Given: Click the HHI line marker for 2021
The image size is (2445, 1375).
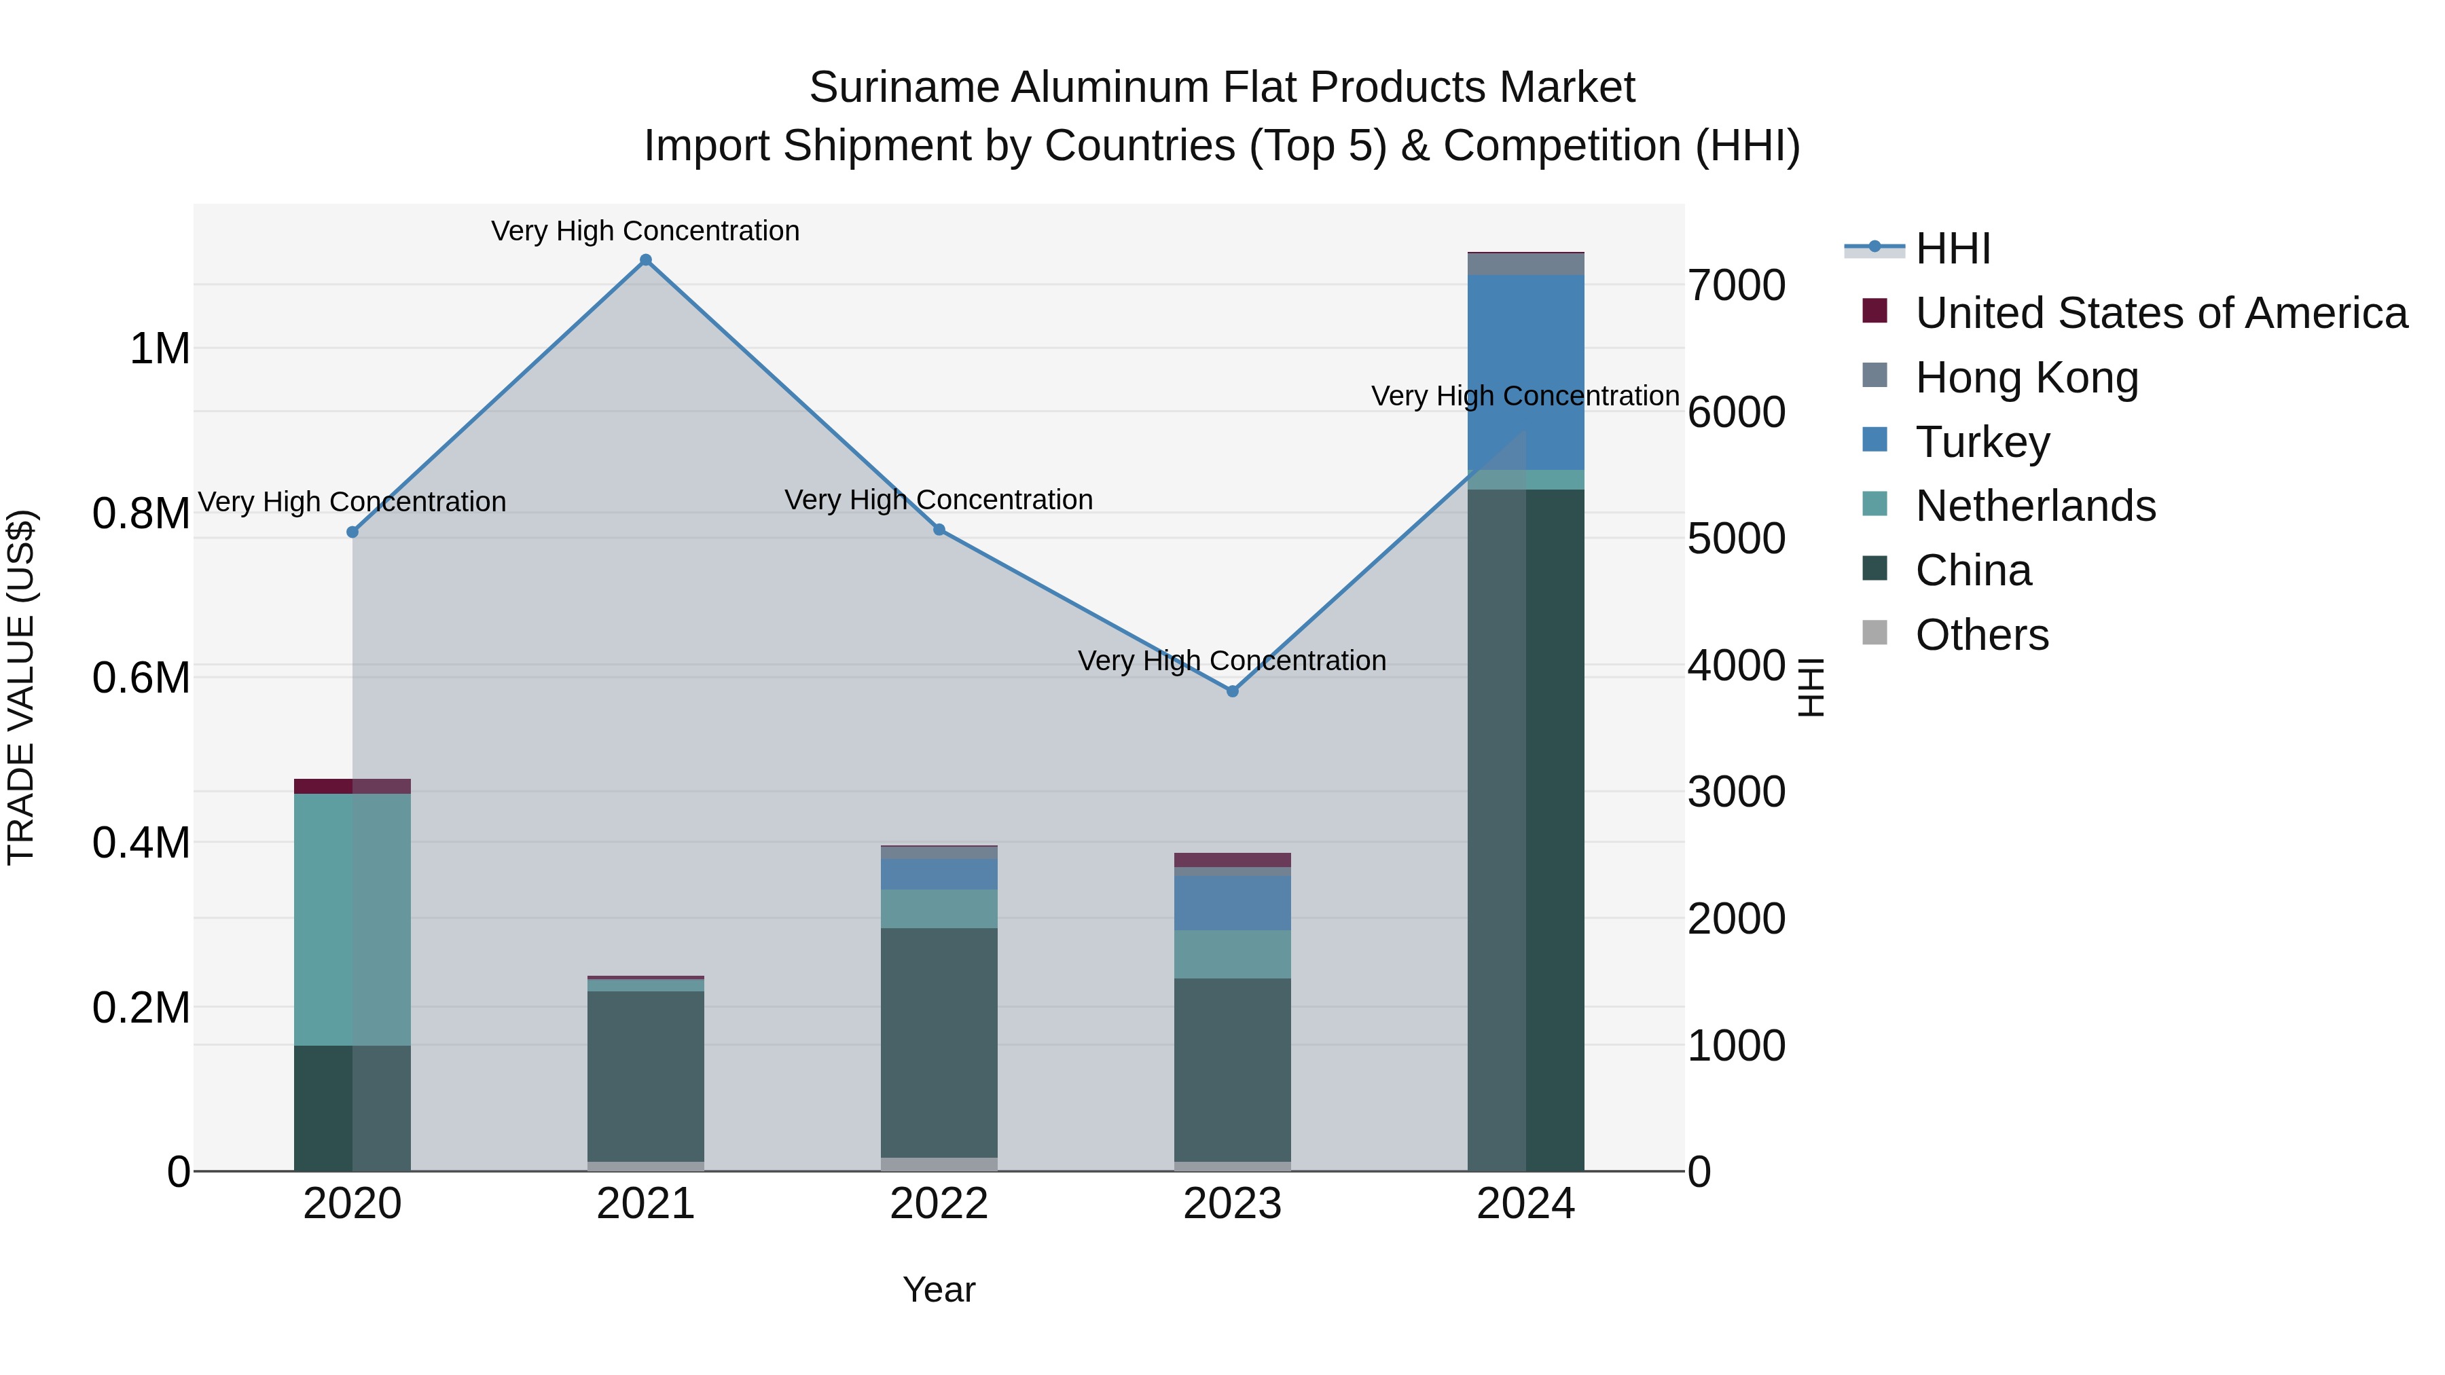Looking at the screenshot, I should (x=645, y=260).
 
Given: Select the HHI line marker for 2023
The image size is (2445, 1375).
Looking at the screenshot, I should (x=1232, y=691).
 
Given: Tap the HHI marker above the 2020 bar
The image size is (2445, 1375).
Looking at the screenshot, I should (x=352, y=532).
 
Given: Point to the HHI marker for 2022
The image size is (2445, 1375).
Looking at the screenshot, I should (x=939, y=530).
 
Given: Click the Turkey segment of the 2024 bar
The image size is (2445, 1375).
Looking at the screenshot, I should (x=1525, y=372).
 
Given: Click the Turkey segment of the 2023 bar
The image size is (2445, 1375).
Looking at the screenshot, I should (x=1232, y=902).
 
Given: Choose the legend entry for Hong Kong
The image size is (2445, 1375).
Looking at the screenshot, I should (x=2027, y=378).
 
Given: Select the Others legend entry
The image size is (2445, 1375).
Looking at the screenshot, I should (x=1981, y=635).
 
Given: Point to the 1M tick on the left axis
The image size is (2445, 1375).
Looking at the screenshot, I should (x=160, y=349).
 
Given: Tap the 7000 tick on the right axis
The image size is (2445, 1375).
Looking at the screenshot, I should (x=1736, y=286).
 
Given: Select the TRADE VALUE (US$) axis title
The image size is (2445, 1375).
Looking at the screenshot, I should (x=21, y=687).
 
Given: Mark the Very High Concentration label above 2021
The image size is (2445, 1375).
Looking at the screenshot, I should (x=645, y=231).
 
